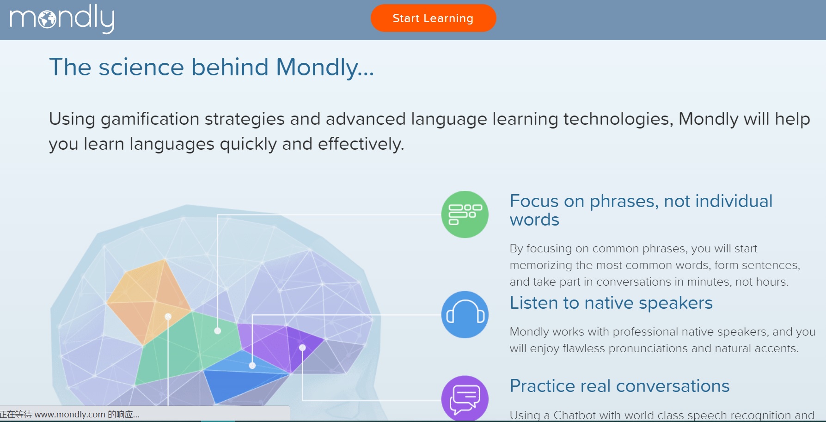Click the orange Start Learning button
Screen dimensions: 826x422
tap(433, 18)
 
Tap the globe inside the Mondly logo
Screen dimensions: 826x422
tap(47, 19)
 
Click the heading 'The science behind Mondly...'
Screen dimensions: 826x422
tap(211, 67)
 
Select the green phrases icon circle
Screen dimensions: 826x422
tap(465, 214)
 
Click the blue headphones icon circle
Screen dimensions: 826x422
tap(465, 314)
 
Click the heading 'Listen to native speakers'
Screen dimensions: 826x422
tap(611, 303)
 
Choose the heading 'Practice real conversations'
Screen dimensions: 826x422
tap(619, 386)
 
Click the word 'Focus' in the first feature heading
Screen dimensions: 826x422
tap(534, 201)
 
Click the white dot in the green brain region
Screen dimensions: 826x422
tap(218, 330)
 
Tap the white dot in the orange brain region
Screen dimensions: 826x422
tap(168, 317)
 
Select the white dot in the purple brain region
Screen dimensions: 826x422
tap(302, 348)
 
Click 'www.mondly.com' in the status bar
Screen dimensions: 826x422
tap(70, 415)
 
